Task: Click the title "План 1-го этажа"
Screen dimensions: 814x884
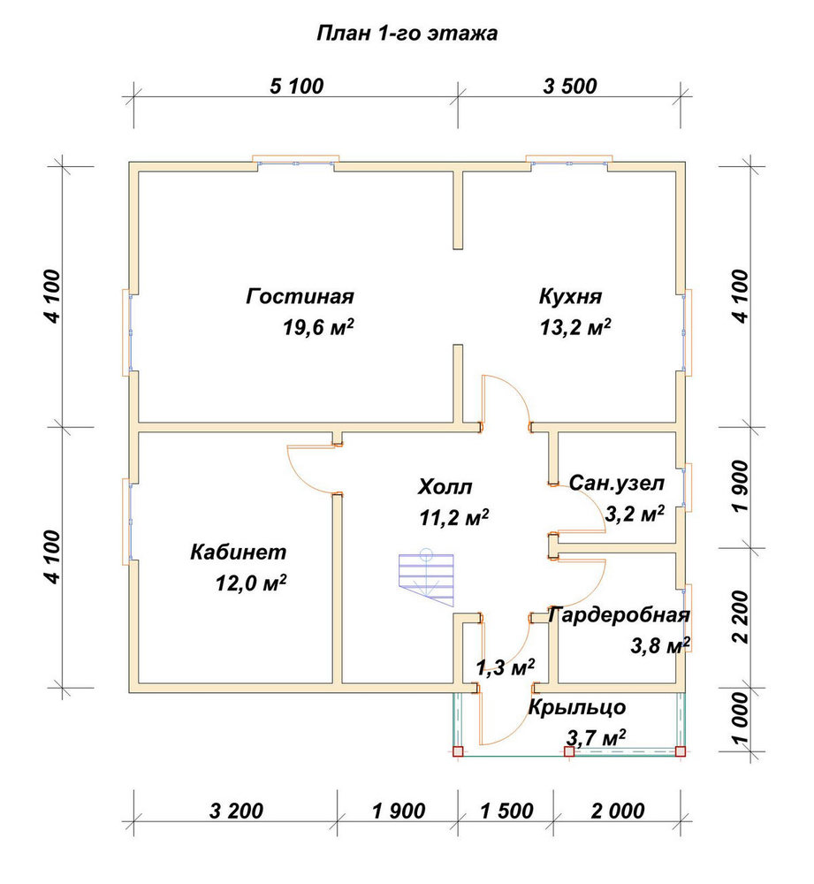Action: tap(407, 34)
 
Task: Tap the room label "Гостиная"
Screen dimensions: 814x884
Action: tap(300, 296)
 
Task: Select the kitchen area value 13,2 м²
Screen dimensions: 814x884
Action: tap(575, 327)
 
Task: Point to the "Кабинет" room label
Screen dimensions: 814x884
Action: tap(239, 552)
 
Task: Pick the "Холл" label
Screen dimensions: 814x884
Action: tap(445, 486)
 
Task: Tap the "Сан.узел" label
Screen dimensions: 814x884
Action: tap(617, 484)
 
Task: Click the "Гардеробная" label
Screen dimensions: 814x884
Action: tap(619, 615)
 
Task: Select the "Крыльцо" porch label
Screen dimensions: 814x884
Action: tap(576, 707)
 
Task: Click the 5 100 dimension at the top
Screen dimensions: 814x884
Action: tap(296, 87)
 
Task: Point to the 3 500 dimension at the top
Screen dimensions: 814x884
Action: tap(570, 87)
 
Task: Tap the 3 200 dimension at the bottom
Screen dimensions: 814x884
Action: tap(236, 812)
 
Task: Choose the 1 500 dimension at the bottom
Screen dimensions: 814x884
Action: tap(506, 812)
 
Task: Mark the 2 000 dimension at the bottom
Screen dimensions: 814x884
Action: tap(618, 812)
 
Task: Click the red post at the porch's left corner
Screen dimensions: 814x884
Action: tap(458, 751)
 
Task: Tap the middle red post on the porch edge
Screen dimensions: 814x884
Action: tap(569, 751)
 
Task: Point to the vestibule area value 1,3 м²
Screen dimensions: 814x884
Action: tap(505, 667)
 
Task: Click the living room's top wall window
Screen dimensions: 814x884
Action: tap(295, 163)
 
